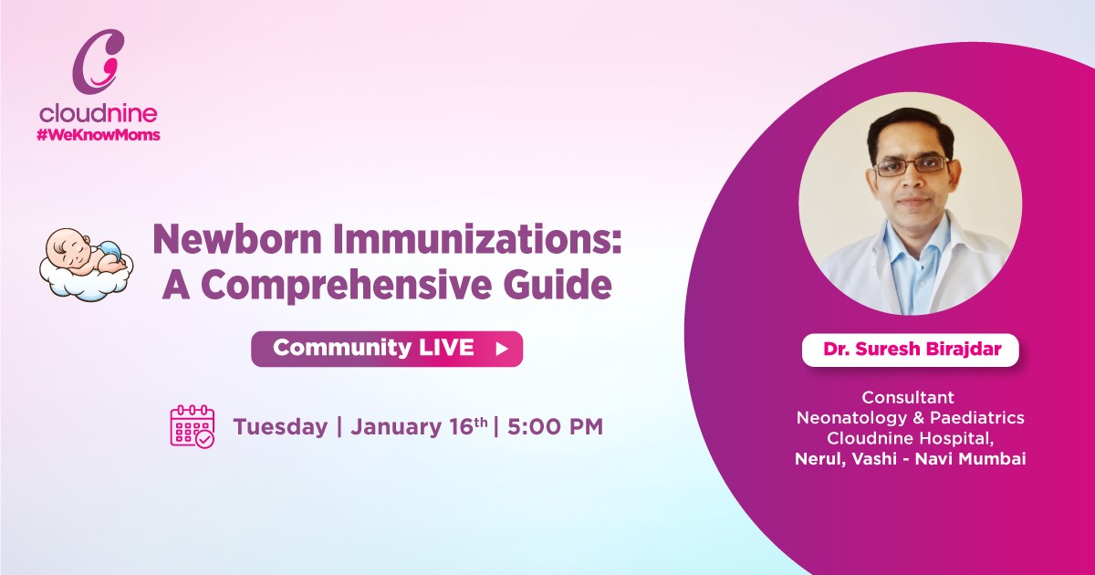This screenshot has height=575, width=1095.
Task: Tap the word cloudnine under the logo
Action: point(98,114)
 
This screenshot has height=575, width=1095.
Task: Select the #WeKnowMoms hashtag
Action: point(98,134)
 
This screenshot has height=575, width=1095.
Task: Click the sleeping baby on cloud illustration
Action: point(86,264)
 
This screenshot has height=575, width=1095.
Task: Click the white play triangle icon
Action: point(501,349)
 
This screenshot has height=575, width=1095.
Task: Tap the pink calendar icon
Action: point(192,426)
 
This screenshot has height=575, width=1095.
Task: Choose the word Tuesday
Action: point(280,427)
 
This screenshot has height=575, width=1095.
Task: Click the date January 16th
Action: point(416,426)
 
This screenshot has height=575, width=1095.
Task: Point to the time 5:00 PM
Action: point(555,427)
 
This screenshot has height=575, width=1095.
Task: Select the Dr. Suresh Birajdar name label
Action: point(910,350)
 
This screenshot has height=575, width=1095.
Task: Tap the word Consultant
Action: point(909,398)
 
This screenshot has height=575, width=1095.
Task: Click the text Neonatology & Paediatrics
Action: point(910,418)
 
